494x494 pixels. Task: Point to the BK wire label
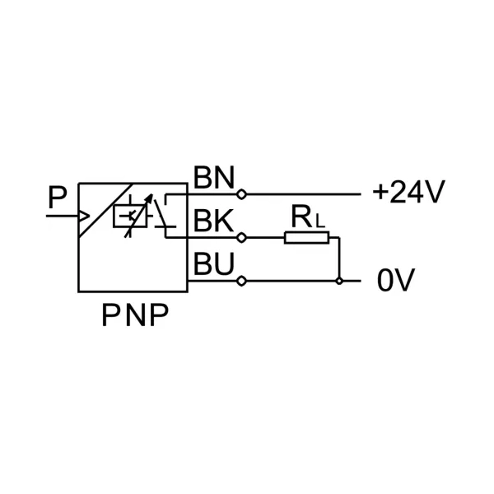[x=213, y=221]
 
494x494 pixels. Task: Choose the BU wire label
[x=213, y=265]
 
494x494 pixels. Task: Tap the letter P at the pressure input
[x=57, y=198]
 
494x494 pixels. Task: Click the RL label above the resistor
[x=305, y=218]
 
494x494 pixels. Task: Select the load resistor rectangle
[x=307, y=238]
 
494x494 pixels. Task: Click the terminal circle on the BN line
[x=240, y=194]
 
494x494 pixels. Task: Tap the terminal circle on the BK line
[x=240, y=238]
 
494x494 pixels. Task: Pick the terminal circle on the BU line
[x=240, y=281]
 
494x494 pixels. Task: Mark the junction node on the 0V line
[x=339, y=281]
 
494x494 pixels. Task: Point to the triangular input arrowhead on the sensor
[x=84, y=217]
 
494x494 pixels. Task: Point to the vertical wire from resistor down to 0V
[x=339, y=259]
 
